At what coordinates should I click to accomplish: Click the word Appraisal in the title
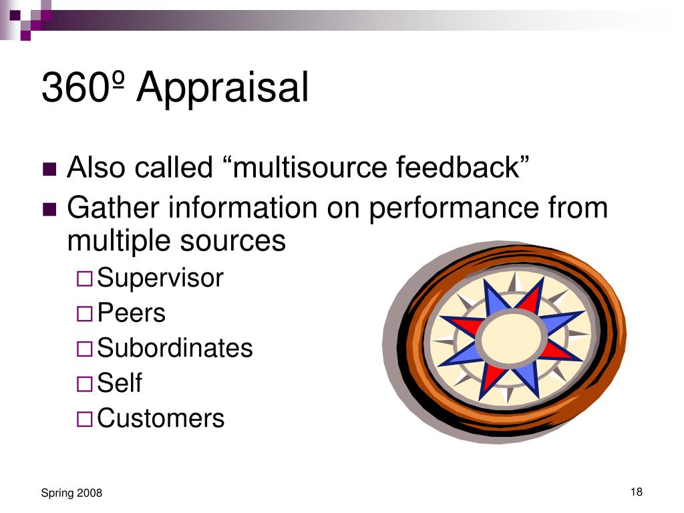coord(222,89)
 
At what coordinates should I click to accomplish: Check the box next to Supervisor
coord(85,279)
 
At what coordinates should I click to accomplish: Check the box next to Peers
coord(85,314)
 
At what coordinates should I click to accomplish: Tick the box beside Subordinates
coord(85,349)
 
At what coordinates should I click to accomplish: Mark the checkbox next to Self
coord(85,384)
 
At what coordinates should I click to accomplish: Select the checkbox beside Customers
coord(85,419)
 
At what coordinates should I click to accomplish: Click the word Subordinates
coord(175,347)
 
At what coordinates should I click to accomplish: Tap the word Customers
coord(160,418)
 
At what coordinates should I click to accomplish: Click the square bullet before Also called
coord(49,169)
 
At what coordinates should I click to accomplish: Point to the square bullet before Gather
coord(49,209)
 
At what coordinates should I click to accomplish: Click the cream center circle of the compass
coord(511,339)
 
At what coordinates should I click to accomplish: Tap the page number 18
coord(637,492)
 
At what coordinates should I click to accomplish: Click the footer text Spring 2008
coord(71,493)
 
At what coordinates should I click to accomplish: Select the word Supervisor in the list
coord(160,278)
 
